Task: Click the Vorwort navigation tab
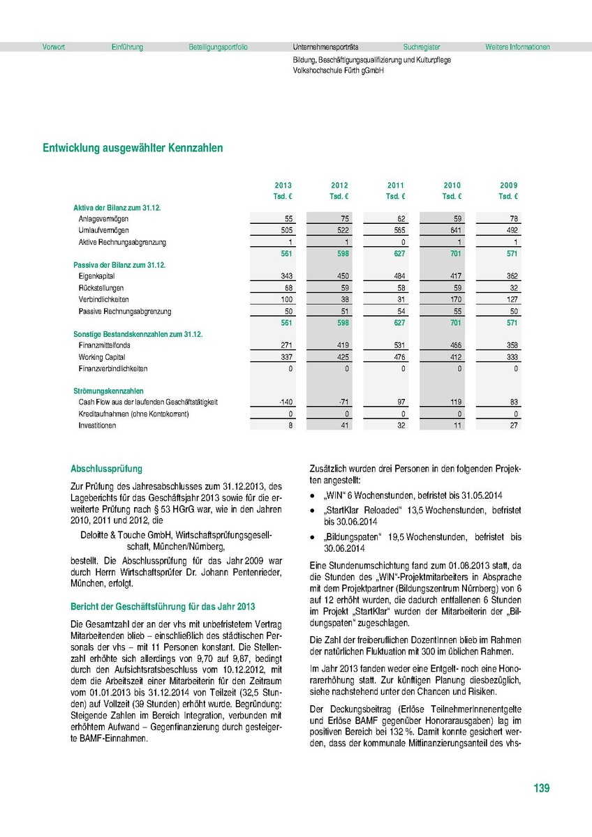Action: (x=54, y=47)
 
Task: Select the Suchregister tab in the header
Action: (x=422, y=47)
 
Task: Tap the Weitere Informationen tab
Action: (x=517, y=47)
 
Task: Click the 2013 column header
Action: (x=283, y=185)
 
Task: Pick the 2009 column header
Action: (x=508, y=185)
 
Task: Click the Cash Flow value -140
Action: (x=285, y=402)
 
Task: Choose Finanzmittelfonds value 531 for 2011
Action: (x=398, y=345)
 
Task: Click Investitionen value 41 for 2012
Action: (x=343, y=425)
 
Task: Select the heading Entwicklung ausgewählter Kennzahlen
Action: (x=133, y=148)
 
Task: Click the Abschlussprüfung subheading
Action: (x=106, y=469)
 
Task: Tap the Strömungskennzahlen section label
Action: (x=109, y=391)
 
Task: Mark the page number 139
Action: (x=541, y=788)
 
